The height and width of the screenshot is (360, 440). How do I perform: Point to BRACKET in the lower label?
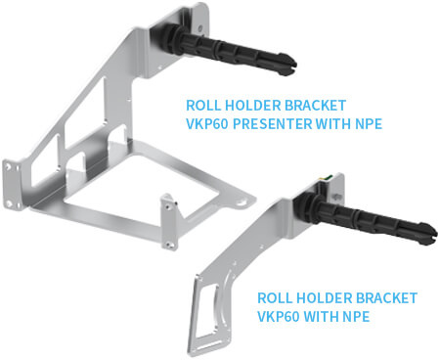click(386, 298)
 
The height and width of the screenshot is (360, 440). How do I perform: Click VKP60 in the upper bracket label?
click(207, 124)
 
